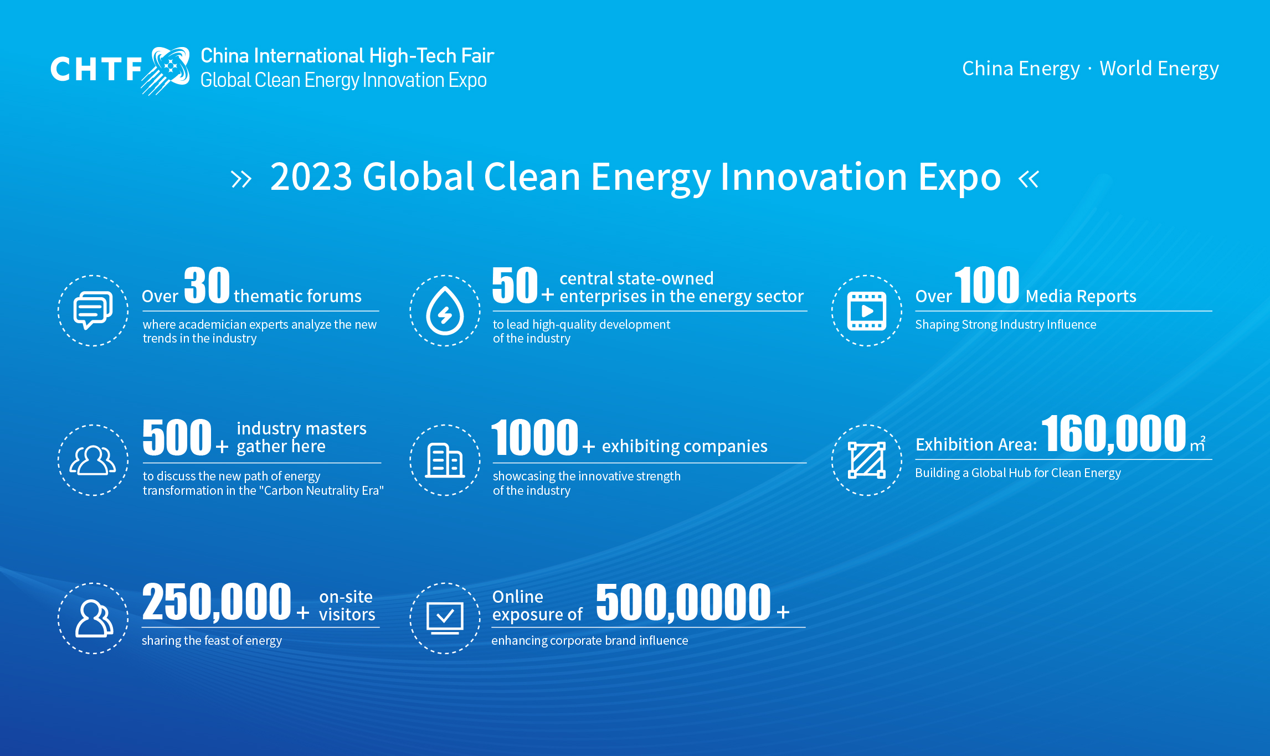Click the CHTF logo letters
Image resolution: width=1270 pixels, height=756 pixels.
pos(96,69)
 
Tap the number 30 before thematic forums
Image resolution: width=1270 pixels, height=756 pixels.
pos(207,285)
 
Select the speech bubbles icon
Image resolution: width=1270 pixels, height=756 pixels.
pos(93,310)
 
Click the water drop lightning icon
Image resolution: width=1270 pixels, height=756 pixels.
pos(445,310)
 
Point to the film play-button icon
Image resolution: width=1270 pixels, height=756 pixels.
pos(867,311)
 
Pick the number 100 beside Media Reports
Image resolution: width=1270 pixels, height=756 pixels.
pos(987,285)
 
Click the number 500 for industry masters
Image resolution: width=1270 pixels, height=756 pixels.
pos(177,437)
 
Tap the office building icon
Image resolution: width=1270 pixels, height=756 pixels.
pos(445,460)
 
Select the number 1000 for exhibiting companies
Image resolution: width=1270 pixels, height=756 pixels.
pos(535,437)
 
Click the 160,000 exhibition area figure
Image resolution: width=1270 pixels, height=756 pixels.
pos(1114,434)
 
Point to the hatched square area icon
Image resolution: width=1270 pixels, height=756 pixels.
pos(867,460)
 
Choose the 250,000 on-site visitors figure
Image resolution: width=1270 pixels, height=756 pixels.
pos(217,602)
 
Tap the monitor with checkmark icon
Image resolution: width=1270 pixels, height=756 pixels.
pos(445,618)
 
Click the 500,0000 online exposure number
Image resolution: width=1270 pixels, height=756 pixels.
pos(683,602)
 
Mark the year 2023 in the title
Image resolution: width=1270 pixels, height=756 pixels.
pos(311,177)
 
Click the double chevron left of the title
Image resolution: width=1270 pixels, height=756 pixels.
pos(241,179)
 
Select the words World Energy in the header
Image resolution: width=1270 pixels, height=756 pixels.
pos(1159,69)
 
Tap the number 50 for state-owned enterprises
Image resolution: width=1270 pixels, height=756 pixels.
pos(515,285)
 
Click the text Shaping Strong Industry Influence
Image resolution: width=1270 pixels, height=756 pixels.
pos(1006,325)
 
